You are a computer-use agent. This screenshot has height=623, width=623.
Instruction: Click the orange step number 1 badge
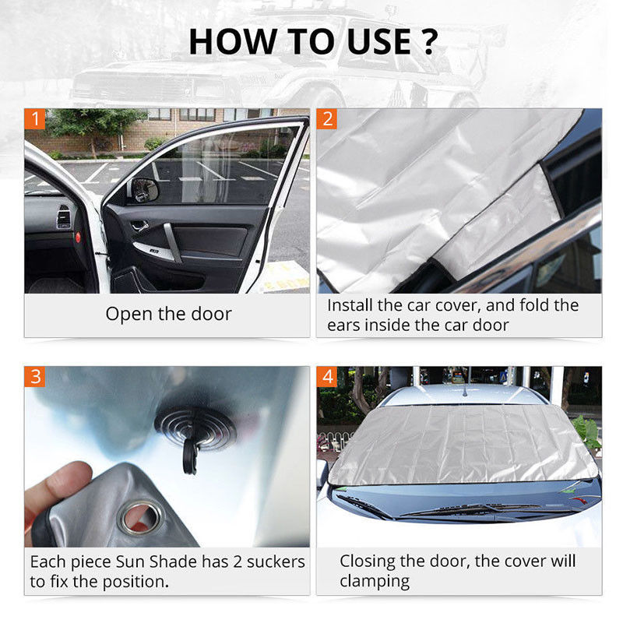pos(35,119)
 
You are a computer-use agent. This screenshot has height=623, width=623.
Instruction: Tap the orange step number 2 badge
pos(327,119)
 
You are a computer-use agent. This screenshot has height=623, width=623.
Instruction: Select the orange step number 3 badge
pos(35,377)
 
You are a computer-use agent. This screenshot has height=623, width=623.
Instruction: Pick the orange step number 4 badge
pos(327,377)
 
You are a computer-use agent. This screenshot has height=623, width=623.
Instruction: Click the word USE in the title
pos(379,42)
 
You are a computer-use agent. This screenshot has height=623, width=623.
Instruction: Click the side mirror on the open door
pos(145,190)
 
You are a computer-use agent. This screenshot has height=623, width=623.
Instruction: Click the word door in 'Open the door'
pos(211,314)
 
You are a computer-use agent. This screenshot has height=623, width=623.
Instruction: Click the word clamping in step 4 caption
pos(375,581)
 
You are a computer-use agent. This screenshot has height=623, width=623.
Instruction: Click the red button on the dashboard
pos(78,238)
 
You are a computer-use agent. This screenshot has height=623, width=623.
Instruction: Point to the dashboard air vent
pos(64,216)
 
